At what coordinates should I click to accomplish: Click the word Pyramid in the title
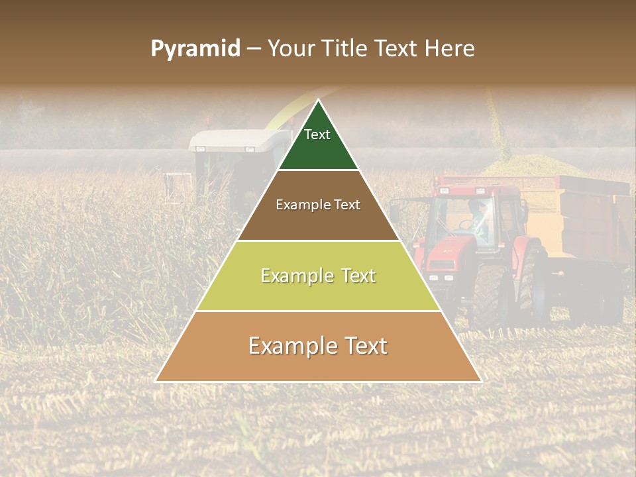pos(195,49)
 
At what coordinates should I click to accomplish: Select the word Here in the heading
pos(450,49)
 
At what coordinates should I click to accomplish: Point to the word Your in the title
pos(290,49)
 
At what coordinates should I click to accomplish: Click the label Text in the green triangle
pos(317,135)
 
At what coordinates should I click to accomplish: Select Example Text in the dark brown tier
pos(318,205)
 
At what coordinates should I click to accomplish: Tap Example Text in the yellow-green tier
pos(318,276)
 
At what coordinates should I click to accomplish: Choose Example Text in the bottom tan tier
pos(318,346)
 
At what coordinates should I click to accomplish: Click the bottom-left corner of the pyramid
pos(156,381)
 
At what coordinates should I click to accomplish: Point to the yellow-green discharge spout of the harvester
pos(285,109)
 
